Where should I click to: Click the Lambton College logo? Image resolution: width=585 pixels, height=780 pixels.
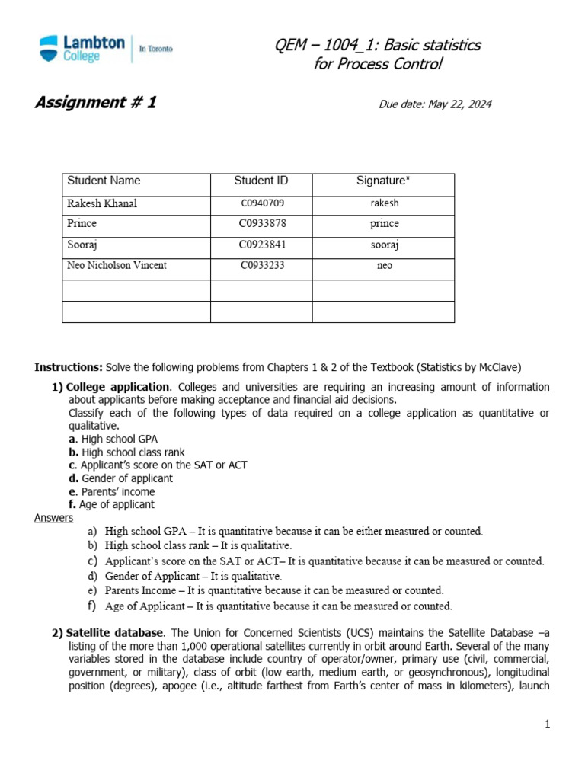pos(82,49)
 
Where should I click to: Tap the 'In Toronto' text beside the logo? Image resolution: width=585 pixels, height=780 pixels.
pos(155,49)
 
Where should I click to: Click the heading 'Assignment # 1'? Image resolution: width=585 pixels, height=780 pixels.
pos(95,103)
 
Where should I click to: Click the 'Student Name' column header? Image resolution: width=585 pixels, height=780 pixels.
pos(104,181)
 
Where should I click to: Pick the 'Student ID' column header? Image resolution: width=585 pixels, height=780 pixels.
pos(261,181)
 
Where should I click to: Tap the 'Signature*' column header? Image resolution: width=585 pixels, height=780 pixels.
pos(383,181)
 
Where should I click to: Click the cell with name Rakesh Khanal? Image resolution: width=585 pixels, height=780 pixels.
pos(102,203)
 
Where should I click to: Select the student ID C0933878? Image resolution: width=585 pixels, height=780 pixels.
pos(261,224)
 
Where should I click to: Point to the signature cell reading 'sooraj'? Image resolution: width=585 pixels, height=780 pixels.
pos(384,245)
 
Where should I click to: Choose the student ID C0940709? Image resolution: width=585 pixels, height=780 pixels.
pos(261,203)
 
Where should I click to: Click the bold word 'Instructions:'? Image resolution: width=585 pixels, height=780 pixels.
pos(69,367)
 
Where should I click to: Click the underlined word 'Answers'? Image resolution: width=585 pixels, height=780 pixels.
pos(53,518)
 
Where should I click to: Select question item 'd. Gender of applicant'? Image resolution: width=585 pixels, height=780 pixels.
pos(120,478)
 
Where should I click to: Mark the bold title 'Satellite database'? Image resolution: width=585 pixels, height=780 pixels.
pos(114,633)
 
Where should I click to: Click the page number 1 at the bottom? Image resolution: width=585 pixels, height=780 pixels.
pos(547,724)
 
